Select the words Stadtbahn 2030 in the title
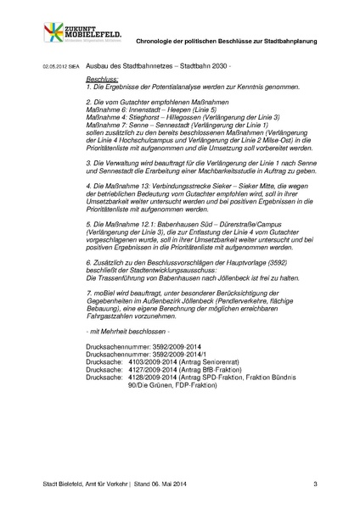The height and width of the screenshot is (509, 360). click(205, 65)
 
